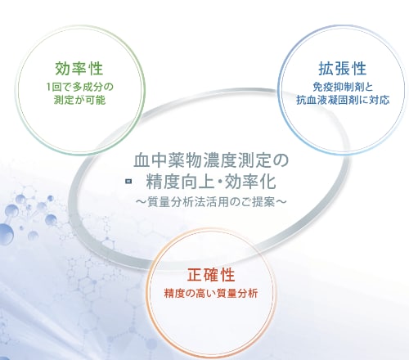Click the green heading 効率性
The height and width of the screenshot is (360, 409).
(x=79, y=69)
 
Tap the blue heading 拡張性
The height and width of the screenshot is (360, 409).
(x=343, y=69)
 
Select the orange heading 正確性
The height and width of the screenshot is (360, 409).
(x=211, y=275)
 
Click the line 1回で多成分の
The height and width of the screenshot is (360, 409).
(x=79, y=87)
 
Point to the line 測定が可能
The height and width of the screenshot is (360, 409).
(x=79, y=100)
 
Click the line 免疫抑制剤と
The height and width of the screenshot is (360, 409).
(x=343, y=87)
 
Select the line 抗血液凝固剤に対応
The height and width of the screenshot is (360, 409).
(x=343, y=100)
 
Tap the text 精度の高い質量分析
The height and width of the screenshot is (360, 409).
(x=211, y=294)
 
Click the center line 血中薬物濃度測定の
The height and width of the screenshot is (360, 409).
(x=211, y=160)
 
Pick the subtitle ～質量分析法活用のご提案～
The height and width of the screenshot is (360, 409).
(x=211, y=202)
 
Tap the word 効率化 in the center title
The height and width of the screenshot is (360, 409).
(x=250, y=182)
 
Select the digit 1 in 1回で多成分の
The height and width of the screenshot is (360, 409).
(x=48, y=88)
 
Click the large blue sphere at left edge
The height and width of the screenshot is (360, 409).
(x=6, y=234)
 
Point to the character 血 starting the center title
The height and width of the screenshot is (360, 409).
(x=142, y=160)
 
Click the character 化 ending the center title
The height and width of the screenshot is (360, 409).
(x=267, y=182)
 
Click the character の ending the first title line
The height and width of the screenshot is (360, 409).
(x=281, y=160)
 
